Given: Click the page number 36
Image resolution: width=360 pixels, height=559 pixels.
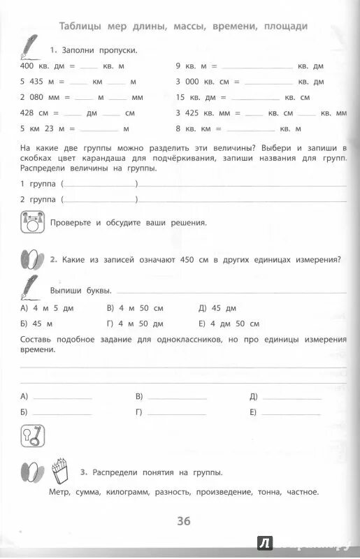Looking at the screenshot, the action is (183, 521).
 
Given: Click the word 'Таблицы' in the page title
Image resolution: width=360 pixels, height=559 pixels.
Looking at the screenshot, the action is (82, 27).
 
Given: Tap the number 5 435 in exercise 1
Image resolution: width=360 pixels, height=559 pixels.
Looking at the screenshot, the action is (33, 81).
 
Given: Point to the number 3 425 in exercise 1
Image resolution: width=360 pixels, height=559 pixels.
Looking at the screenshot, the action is (187, 112).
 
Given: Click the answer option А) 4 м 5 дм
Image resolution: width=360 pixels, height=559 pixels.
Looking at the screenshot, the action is (48, 307).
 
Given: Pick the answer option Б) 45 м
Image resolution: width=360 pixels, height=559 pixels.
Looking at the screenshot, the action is (38, 324).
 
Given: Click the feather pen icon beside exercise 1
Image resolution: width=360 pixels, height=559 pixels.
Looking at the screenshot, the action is (31, 49).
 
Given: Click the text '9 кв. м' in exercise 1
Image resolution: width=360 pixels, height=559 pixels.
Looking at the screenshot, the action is (189, 66).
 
